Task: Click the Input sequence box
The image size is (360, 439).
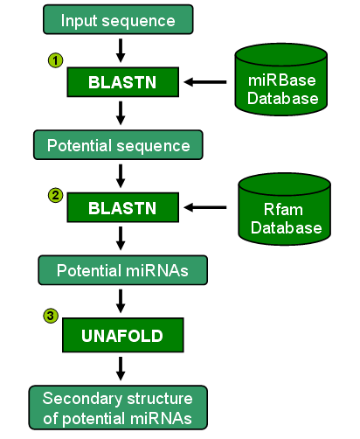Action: [118, 19]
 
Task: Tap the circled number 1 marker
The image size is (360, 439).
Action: [55, 60]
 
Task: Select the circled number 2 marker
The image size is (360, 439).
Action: [55, 195]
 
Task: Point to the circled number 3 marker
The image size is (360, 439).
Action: [51, 316]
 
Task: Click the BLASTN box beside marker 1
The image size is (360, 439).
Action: [122, 82]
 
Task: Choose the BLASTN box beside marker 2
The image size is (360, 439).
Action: [122, 207]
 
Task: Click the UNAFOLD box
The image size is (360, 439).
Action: [122, 335]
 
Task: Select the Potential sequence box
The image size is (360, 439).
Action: [118, 145]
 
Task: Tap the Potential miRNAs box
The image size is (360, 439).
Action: [122, 270]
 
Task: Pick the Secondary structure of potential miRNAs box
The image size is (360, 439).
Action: [118, 408]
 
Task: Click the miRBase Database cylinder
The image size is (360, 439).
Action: [281, 80]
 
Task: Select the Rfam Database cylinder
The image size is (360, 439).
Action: [284, 209]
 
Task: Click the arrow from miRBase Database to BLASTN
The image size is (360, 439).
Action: [205, 82]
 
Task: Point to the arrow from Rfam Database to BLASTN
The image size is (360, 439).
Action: [205, 207]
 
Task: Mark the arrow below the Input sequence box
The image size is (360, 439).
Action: [121, 51]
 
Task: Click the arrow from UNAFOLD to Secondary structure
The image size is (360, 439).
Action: [121, 369]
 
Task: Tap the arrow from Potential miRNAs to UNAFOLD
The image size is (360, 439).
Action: [121, 301]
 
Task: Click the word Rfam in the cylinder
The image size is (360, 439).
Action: [283, 209]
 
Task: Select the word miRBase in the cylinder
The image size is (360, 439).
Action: [281, 80]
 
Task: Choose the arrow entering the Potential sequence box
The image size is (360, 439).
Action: [121, 113]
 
